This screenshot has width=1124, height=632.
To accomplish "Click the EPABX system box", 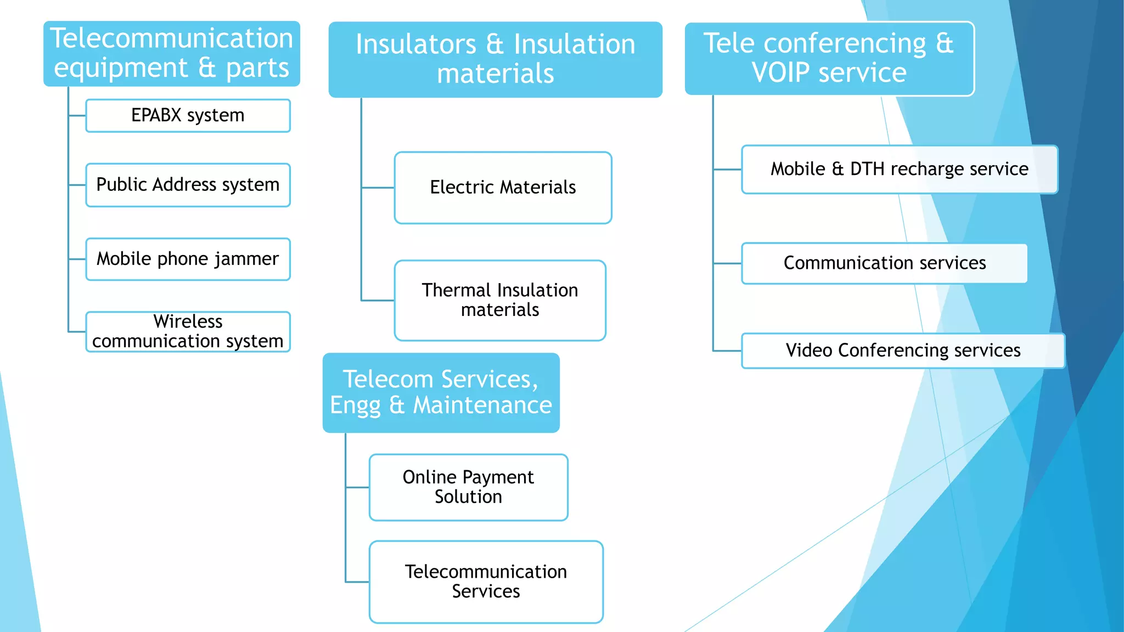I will (x=188, y=116).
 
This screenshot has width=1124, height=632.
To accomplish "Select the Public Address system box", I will (x=188, y=185).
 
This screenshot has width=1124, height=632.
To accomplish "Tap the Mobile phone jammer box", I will (x=188, y=259).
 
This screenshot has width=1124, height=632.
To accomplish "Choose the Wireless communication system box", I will (x=188, y=331).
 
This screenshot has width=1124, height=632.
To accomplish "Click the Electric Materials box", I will (x=503, y=188).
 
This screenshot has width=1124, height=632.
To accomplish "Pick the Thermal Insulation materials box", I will (x=499, y=300).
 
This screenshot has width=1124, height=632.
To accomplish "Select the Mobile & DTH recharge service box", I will (x=899, y=169).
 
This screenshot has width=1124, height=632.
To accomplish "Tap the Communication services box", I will (x=884, y=263).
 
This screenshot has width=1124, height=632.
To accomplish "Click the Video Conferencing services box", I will (x=903, y=351).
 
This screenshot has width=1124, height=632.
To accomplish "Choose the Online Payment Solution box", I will (x=468, y=487).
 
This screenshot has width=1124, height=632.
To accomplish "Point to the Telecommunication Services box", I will (x=486, y=582).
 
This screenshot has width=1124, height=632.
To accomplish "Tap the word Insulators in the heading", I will (x=415, y=44).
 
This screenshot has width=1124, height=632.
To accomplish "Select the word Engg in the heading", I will (x=355, y=406).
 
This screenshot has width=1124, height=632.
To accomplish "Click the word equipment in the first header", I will (x=121, y=69).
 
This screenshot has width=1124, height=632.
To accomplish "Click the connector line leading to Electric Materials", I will (x=378, y=188).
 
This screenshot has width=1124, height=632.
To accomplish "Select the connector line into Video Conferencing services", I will (x=727, y=351).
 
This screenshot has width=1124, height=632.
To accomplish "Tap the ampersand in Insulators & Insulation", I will (x=494, y=44).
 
